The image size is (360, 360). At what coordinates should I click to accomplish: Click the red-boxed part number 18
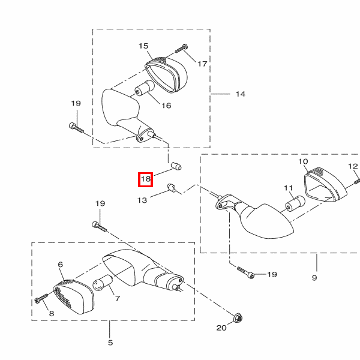click(x=146, y=179)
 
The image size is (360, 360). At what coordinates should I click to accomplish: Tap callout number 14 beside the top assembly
click(x=241, y=94)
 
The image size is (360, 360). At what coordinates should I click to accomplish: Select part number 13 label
click(x=142, y=200)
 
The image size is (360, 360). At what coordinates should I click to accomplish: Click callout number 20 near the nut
click(x=221, y=328)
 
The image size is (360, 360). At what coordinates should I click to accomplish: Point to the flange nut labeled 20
click(x=239, y=318)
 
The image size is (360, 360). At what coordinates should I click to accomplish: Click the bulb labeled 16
click(x=145, y=88)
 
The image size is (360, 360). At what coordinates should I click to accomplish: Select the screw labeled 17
click(x=181, y=49)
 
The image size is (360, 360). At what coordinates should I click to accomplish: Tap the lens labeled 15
click(x=166, y=74)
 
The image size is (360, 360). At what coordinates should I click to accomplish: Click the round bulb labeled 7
click(x=102, y=283)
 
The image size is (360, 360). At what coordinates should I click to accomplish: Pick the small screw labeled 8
click(x=41, y=298)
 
